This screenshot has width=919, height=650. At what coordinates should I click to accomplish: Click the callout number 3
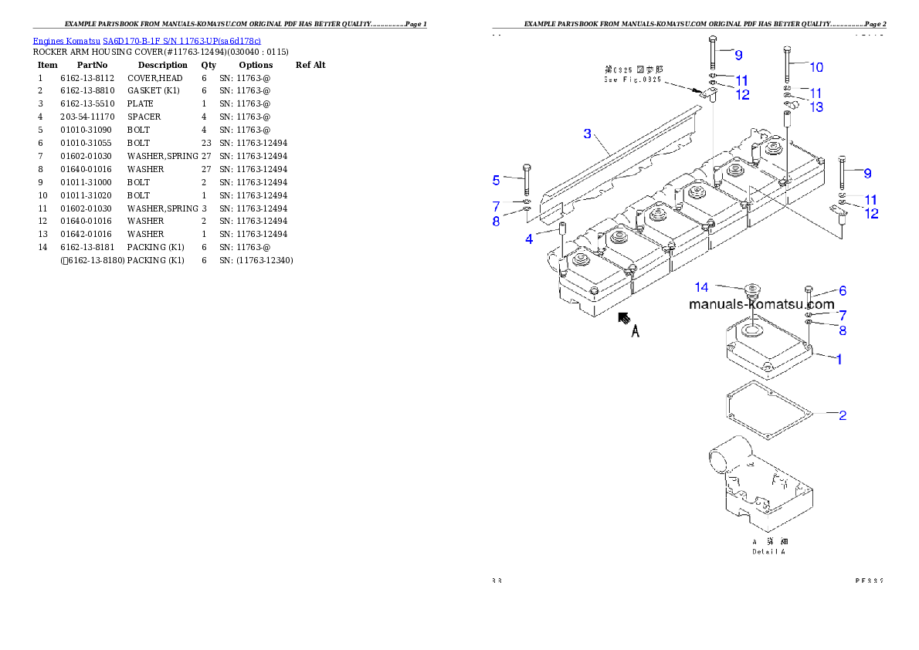point(588,134)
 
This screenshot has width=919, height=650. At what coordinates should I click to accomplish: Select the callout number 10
point(816,66)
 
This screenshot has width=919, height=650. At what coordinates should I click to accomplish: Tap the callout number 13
point(816,107)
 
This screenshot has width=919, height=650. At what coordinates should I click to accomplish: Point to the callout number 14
point(701,287)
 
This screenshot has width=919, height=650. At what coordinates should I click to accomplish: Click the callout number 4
point(529,239)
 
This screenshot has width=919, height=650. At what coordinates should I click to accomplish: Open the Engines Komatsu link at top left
point(147,40)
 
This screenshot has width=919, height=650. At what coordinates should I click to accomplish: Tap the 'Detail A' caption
point(769,551)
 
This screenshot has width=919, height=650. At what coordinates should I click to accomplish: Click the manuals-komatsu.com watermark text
point(761,304)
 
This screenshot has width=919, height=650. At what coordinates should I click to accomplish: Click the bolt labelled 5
point(527,181)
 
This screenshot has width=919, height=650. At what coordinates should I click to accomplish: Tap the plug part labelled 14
point(750,297)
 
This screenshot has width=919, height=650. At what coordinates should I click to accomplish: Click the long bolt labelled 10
point(786,67)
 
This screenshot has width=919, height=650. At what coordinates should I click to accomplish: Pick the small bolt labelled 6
point(809,295)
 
